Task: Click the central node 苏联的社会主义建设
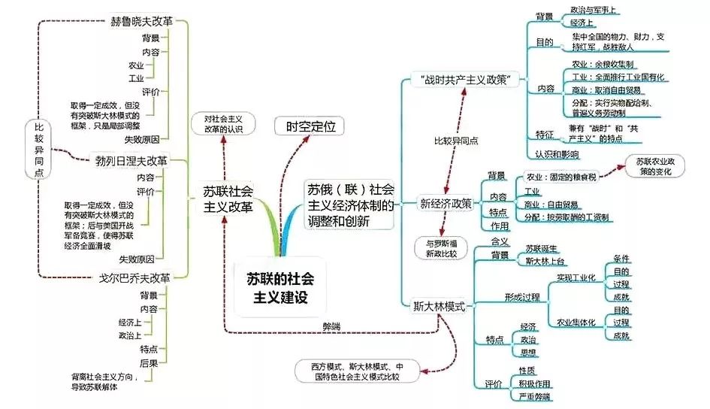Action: [281, 287]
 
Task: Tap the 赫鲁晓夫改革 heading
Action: [142, 21]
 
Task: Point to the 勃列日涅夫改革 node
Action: [131, 159]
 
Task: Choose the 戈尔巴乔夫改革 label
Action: [133, 276]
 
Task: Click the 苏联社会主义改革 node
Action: [228, 198]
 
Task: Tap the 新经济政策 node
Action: [446, 203]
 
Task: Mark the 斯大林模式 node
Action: [440, 307]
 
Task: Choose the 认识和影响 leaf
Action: [557, 154]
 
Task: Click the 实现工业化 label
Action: [576, 277]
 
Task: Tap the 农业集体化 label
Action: [576, 323]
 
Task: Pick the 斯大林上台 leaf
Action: [545, 261]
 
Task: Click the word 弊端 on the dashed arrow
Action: [331, 326]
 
